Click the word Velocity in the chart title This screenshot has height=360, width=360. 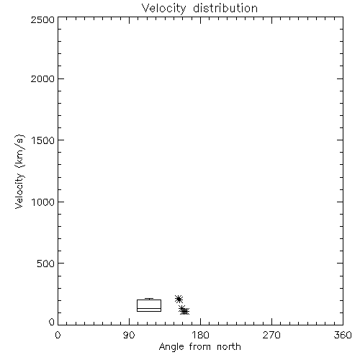click(163, 9)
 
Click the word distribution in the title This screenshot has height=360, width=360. click(225, 8)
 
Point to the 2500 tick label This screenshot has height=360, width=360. click(42, 19)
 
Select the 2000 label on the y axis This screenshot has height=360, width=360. click(42, 78)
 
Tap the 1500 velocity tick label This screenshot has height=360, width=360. click(43, 140)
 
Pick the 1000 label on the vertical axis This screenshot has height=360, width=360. click(43, 202)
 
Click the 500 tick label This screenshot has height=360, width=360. click(46, 264)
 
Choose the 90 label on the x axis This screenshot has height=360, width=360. click(129, 335)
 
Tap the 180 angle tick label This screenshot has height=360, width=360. click(200, 335)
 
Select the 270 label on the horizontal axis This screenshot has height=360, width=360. click(271, 335)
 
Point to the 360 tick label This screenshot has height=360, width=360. click(343, 335)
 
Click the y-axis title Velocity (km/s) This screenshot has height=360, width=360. click(19, 171)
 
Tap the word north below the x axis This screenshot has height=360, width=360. click(229, 346)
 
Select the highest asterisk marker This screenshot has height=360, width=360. click(179, 299)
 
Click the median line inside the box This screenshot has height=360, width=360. click(149, 308)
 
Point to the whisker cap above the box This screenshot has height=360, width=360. click(149, 298)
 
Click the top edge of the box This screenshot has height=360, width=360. click(149, 300)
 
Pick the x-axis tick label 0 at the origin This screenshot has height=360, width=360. click(58, 335)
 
